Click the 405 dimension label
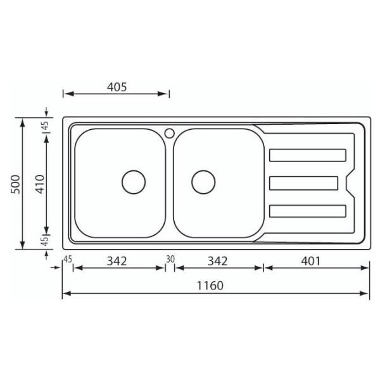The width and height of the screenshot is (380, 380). click(117, 87)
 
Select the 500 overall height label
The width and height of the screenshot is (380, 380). click(16, 184)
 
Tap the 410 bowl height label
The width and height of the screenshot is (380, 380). click(41, 184)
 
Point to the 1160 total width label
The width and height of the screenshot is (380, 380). click(210, 286)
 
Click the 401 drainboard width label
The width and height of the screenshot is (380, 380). click(310, 261)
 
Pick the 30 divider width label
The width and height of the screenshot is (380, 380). click(170, 259)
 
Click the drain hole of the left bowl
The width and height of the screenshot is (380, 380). click(134, 182)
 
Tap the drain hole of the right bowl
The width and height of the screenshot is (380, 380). click(203, 182)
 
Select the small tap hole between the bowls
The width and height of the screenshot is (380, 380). click(169, 133)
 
